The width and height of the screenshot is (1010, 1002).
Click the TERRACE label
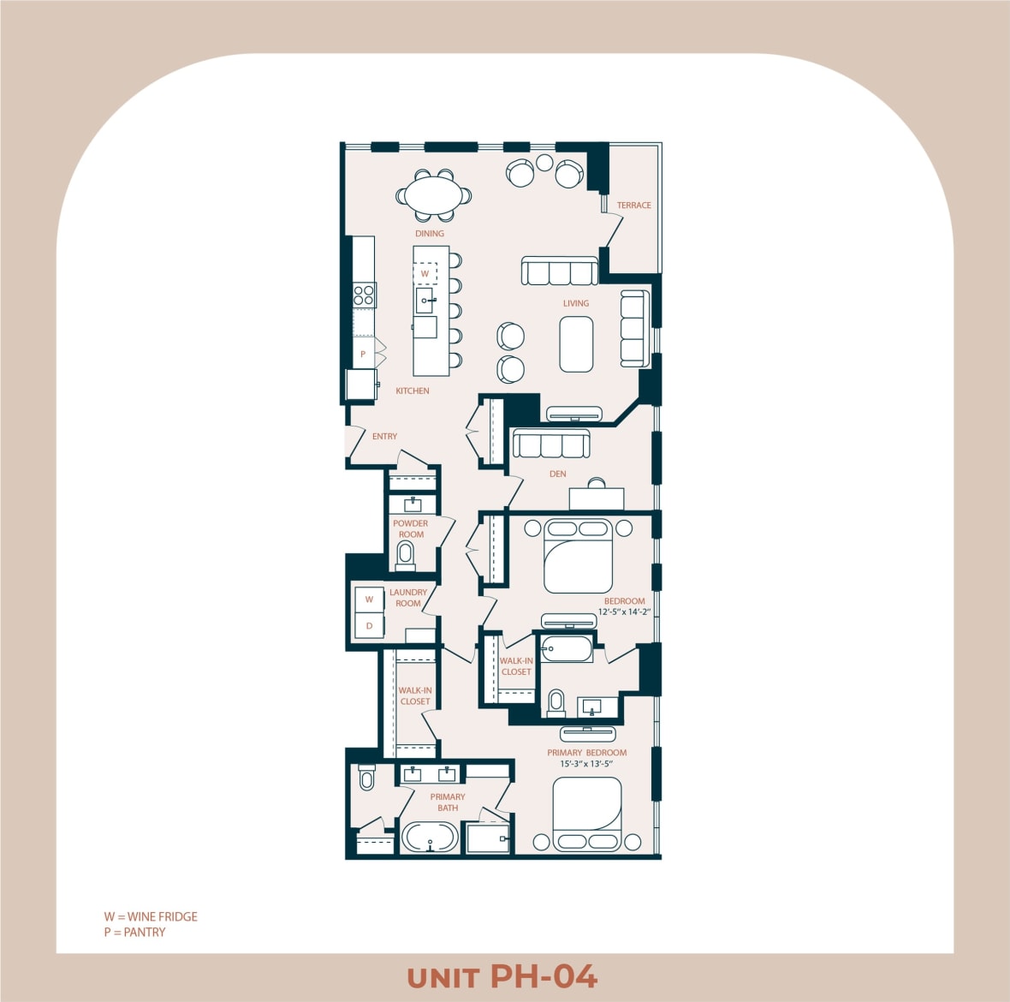633,206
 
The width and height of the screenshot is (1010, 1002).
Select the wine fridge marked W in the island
425,273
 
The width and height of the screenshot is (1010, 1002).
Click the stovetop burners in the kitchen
364,295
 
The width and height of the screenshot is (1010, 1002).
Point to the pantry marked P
363,354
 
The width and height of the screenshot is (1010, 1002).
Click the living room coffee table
576,344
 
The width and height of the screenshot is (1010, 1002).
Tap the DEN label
557,474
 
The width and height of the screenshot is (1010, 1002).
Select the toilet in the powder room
406,556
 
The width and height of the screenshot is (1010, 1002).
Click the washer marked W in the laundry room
369,599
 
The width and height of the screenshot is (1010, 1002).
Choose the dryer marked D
369,626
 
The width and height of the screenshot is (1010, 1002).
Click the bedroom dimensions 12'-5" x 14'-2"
624,612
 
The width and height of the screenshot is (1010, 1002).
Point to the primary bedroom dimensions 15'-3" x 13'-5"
586,764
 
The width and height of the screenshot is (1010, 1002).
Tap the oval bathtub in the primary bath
430,837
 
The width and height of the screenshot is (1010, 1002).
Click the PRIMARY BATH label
448,802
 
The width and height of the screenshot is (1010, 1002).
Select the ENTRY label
384,436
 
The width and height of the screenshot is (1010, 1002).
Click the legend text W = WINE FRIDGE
151,916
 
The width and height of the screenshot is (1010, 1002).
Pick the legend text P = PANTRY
134,932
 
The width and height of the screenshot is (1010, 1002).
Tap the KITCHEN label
412,391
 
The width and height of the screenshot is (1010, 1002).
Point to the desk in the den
597,498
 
